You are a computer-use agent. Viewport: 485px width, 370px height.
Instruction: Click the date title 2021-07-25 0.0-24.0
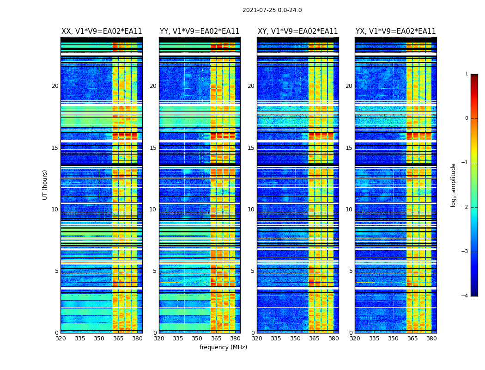(272, 10)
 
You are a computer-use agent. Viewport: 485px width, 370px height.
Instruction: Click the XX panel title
(102, 31)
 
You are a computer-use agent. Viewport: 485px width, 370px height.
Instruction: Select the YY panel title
(200, 31)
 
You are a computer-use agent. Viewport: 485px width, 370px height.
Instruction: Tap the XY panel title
(297, 31)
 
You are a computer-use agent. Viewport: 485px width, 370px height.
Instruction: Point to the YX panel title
(395, 31)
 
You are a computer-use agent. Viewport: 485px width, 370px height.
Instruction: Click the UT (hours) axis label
(45, 185)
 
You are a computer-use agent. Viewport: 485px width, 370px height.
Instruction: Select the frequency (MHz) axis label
(223, 347)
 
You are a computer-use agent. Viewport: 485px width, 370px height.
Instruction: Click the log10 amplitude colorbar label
(453, 185)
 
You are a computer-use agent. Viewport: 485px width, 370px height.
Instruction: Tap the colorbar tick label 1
(467, 74)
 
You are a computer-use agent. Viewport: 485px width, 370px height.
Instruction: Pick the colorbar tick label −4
(465, 296)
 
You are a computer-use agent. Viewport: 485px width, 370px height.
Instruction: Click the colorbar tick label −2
(465, 207)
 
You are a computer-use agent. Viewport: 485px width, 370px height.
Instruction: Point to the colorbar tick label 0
(467, 118)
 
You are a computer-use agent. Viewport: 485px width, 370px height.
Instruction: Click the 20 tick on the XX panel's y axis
(55, 86)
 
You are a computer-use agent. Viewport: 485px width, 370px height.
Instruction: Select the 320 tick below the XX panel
(61, 338)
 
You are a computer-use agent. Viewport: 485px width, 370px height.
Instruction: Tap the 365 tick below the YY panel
(216, 338)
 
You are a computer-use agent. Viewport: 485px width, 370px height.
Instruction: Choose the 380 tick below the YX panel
(431, 338)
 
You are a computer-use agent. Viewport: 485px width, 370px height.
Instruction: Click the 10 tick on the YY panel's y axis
(153, 210)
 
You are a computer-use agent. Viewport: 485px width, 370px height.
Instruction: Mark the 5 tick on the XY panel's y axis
(253, 271)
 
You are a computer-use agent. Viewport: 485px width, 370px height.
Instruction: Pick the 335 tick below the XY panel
(276, 338)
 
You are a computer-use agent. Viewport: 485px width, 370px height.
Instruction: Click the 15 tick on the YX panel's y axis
(349, 148)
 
